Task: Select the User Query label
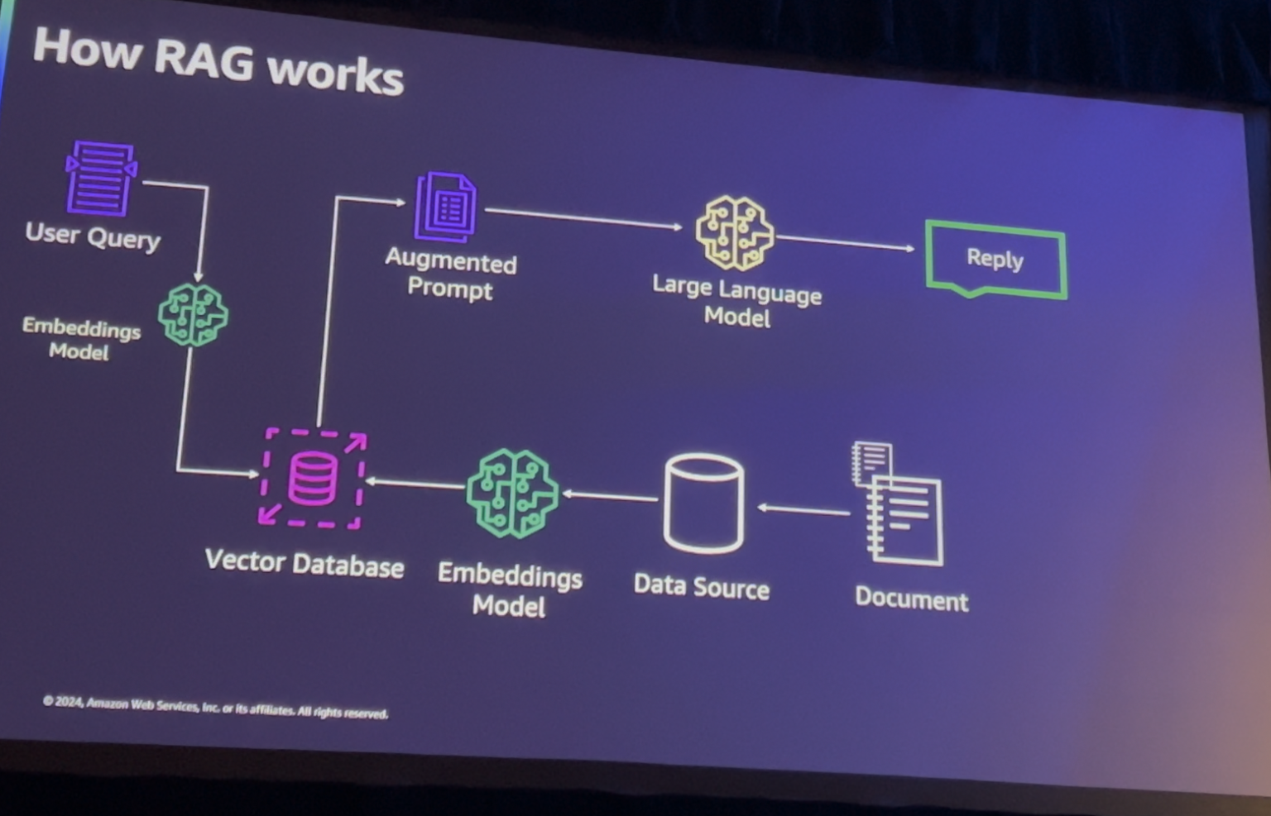pyautogui.click(x=93, y=236)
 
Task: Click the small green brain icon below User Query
pyautogui.click(x=193, y=315)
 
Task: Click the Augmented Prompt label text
pyautogui.click(x=451, y=274)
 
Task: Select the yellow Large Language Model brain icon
pyautogui.click(x=735, y=233)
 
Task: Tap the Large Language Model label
pyautogui.click(x=736, y=302)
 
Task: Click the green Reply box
pyautogui.click(x=995, y=260)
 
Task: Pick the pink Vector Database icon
pyautogui.click(x=313, y=479)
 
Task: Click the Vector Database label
pyautogui.click(x=305, y=564)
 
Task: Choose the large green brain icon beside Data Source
pyautogui.click(x=513, y=494)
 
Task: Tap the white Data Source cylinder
pyautogui.click(x=704, y=503)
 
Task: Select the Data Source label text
pyautogui.click(x=702, y=587)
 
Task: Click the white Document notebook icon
pyautogui.click(x=899, y=504)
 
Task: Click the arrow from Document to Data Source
pyautogui.click(x=803, y=510)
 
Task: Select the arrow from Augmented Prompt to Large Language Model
pyautogui.click(x=583, y=218)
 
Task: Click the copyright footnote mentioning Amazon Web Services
pyautogui.click(x=215, y=707)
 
